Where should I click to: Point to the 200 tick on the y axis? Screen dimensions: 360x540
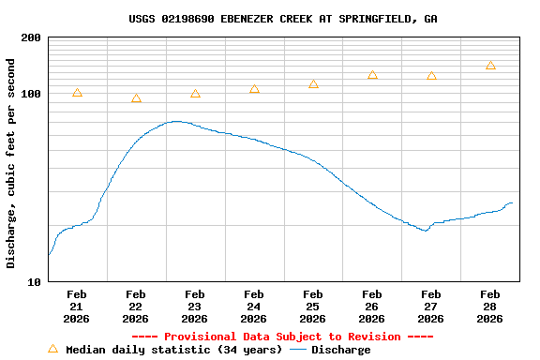click(x=30, y=37)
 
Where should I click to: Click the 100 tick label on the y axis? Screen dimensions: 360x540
click(x=30, y=94)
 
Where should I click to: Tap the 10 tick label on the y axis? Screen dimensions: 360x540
click(x=34, y=282)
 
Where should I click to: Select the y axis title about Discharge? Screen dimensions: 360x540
click(x=11, y=163)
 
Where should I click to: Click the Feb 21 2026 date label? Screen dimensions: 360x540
click(x=77, y=306)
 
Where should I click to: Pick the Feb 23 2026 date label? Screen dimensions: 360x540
click(x=195, y=306)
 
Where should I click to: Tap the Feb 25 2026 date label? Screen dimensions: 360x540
click(x=313, y=306)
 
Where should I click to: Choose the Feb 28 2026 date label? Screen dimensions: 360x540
click(x=490, y=306)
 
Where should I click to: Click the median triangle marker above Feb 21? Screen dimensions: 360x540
click(x=77, y=93)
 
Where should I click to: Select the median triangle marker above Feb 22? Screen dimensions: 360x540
click(x=136, y=98)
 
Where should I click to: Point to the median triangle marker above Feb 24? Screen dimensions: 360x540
click(x=254, y=89)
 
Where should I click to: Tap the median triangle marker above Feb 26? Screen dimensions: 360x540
click(x=372, y=75)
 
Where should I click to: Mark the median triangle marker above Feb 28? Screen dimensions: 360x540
click(x=490, y=66)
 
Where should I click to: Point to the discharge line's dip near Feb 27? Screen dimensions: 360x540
click(x=426, y=230)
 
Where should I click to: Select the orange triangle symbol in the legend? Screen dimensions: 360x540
click(x=52, y=349)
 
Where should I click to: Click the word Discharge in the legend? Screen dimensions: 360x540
click(x=340, y=350)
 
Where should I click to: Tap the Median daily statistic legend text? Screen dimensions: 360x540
click(x=173, y=350)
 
